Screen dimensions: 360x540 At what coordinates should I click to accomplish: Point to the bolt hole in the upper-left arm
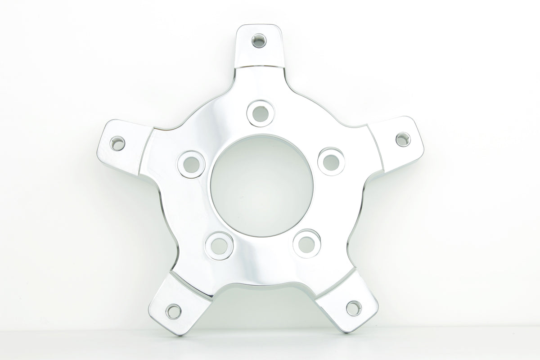[117, 144]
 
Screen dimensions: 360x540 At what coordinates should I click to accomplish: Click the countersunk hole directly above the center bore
[260, 112]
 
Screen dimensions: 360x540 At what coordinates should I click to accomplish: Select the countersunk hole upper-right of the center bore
[331, 160]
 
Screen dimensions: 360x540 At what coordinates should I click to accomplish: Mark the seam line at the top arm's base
[261, 67]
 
